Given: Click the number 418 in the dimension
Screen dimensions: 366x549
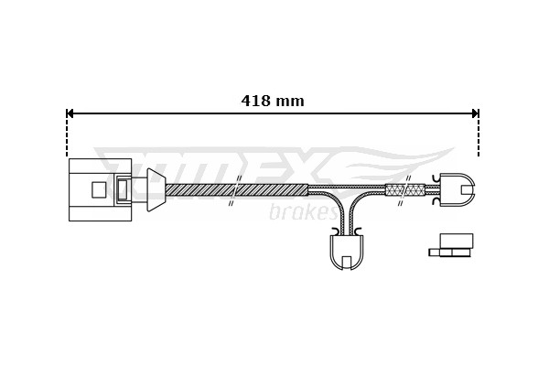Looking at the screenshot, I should tap(256, 102).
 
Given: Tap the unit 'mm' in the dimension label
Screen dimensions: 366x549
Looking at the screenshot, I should tap(291, 102).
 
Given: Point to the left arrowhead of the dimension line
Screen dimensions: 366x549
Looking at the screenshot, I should tap(70, 113).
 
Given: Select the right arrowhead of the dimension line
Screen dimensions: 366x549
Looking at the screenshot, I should tap(475, 113).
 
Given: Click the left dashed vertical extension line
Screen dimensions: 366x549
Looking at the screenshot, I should tap(67, 137).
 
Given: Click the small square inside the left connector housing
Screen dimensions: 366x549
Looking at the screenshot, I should tap(99, 189).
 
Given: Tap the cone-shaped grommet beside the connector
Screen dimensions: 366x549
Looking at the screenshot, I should tap(156, 189).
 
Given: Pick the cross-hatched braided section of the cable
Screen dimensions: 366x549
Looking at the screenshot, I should tap(404, 189).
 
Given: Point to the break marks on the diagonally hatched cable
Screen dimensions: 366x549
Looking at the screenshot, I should tap(235, 189).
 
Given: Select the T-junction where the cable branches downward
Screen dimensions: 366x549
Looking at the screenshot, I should tap(347, 194).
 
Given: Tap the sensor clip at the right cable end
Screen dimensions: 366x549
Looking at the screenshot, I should tap(457, 189).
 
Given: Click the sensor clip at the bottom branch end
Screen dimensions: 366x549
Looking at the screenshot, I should tap(347, 251).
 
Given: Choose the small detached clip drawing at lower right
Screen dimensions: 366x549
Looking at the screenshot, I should tap(453, 245).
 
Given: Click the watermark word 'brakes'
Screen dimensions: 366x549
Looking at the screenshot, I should tap(302, 212).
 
